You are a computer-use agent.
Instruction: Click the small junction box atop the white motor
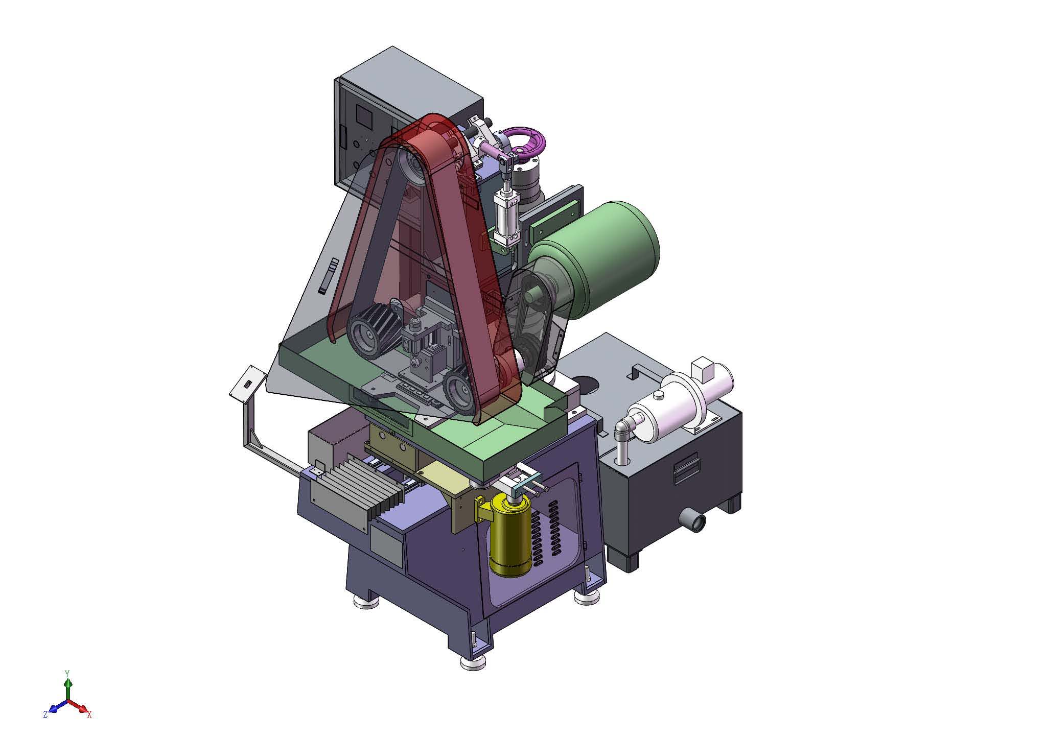(702, 369)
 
